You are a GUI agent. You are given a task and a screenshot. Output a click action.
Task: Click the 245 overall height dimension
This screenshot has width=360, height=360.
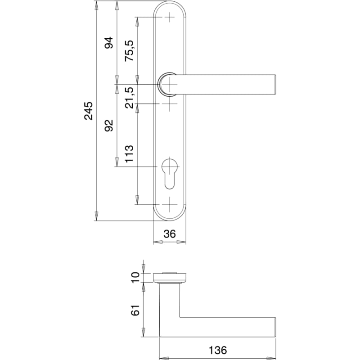click(x=88, y=111)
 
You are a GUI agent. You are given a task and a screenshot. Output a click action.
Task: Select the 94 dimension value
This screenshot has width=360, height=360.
click(x=109, y=42)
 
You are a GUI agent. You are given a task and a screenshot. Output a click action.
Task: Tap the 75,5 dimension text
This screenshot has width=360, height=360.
click(x=129, y=50)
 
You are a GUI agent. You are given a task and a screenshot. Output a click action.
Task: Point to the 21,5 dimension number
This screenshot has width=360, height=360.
click(x=129, y=98)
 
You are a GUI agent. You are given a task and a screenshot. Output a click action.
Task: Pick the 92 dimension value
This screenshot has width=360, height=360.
click(x=109, y=126)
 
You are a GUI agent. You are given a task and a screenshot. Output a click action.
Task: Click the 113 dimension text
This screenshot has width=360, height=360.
click(x=129, y=153)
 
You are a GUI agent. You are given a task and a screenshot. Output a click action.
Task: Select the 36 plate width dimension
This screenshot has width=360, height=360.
click(x=170, y=234)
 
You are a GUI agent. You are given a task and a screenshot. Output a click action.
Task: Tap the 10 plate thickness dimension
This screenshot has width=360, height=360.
click(x=135, y=277)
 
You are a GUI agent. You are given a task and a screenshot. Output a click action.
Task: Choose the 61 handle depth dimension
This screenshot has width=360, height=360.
click(x=135, y=310)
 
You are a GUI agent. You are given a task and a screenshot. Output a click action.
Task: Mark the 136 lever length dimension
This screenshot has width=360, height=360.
click(x=218, y=351)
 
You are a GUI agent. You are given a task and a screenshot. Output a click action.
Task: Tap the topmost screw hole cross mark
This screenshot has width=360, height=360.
click(x=170, y=17)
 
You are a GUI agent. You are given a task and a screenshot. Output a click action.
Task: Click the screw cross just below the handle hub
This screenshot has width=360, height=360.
click(x=170, y=104)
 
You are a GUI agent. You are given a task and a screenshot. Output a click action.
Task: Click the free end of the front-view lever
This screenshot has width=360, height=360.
click(x=275, y=84)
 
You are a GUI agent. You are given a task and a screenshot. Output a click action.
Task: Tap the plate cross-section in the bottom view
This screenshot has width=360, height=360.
click(x=170, y=277)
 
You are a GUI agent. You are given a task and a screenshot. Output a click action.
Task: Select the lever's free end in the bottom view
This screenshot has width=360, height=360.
click(x=275, y=328)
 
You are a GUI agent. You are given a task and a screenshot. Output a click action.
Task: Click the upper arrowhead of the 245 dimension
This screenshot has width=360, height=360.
click(x=97, y=5)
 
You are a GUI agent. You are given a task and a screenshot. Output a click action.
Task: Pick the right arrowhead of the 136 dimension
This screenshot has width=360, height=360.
click(x=271, y=358)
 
